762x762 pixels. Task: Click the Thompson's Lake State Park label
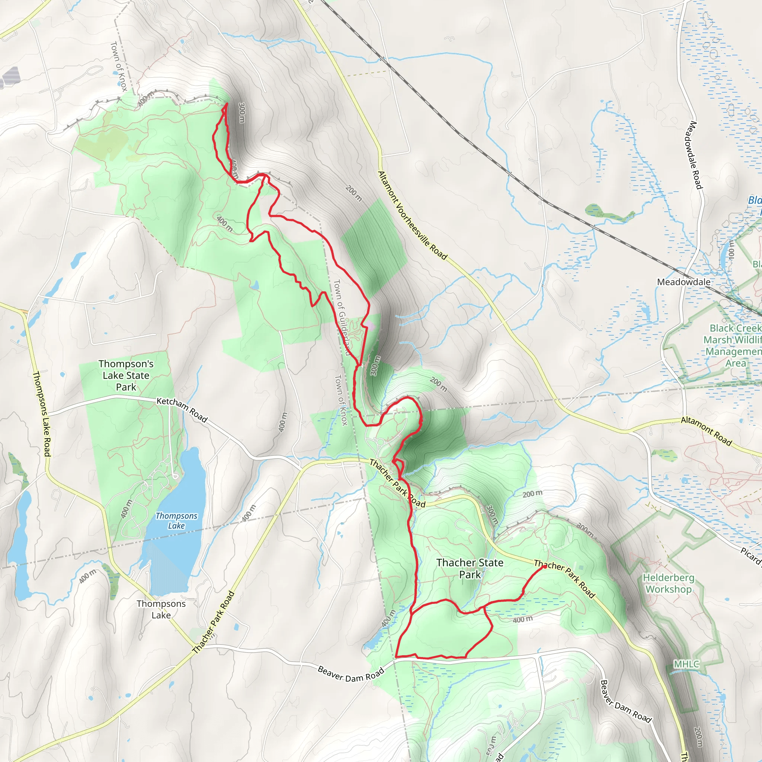[x=126, y=375]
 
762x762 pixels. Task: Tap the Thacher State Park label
[x=470, y=569]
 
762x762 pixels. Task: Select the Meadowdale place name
[x=683, y=282]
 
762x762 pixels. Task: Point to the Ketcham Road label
[x=182, y=410]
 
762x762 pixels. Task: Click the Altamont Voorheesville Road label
[x=412, y=215]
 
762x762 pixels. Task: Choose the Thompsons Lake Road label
[x=41, y=414]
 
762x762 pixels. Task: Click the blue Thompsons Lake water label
[x=176, y=521]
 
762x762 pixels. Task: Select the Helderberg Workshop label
[x=668, y=583]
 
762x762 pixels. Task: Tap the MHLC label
[x=686, y=664]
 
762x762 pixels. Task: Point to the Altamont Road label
[x=706, y=431]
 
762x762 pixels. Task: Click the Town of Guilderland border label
[x=342, y=317]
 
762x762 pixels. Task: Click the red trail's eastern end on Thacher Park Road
[x=545, y=566]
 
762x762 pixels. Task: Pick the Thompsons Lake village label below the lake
[x=161, y=609]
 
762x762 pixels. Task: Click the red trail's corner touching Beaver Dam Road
[x=396, y=657]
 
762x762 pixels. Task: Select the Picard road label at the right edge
[x=750, y=556]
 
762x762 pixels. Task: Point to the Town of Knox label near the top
[x=119, y=66]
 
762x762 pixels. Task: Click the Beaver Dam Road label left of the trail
[x=350, y=674]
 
